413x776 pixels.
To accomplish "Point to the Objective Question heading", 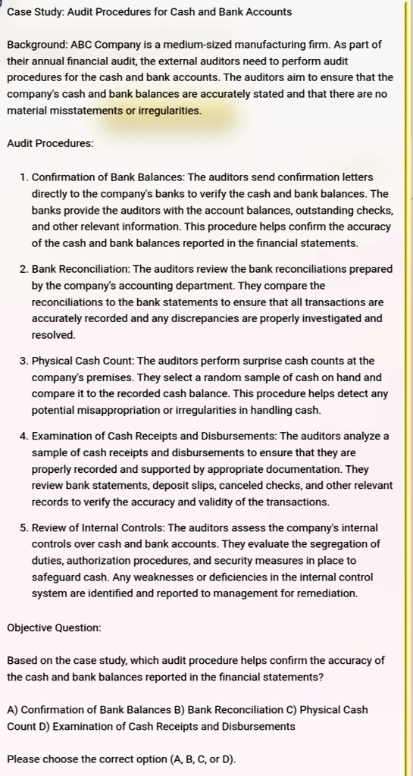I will tap(54, 628).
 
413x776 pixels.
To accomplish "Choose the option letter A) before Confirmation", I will tap(13, 710).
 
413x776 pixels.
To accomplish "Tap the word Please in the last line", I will tap(23, 759).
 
